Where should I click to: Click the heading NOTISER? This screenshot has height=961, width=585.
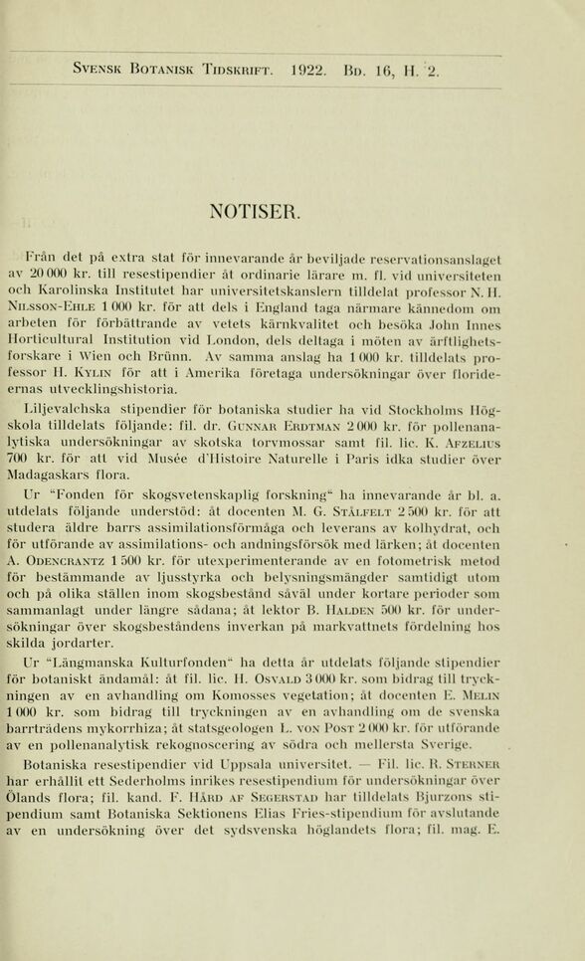[253, 210]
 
